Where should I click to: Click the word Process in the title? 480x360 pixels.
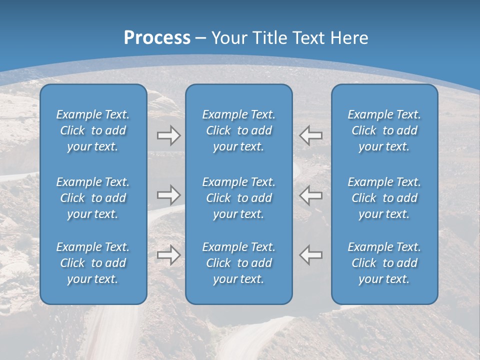[157, 38]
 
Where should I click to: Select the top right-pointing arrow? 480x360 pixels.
[168, 135]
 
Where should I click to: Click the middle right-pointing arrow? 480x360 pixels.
[168, 195]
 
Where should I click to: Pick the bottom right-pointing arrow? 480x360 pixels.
[168, 255]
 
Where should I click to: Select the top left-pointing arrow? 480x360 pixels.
[310, 135]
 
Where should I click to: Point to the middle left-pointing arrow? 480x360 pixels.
[310, 195]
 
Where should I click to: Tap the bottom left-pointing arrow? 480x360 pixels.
[310, 255]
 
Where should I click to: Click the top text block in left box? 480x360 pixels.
[93, 130]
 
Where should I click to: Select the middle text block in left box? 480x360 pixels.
[93, 198]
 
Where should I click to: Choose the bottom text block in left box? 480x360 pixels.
[93, 263]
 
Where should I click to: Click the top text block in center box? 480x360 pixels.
[238, 130]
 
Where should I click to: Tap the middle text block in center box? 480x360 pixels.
[238, 198]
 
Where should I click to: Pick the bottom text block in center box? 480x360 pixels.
[238, 263]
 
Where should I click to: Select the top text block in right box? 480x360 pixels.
[384, 130]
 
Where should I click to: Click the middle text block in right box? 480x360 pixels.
[384, 198]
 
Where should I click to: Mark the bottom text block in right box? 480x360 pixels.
[384, 263]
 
